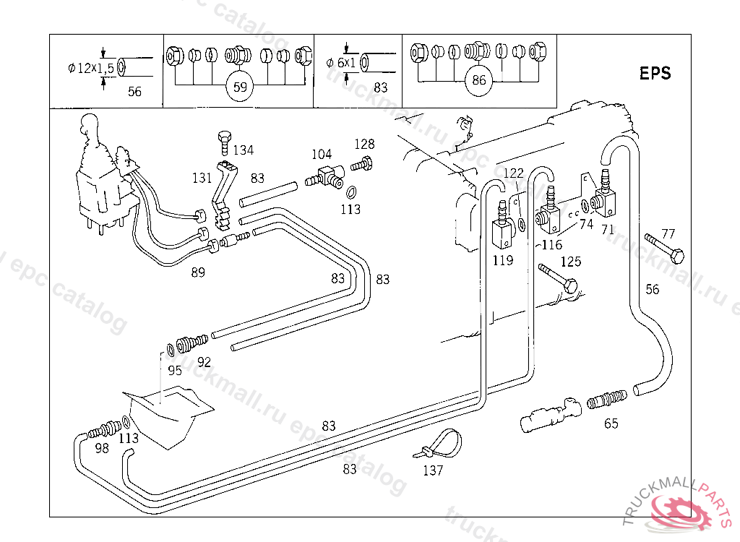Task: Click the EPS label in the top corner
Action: coord(655,73)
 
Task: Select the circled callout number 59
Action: coord(241,87)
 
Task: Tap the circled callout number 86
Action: coord(478,80)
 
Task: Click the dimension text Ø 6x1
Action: coord(341,63)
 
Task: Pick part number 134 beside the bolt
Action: coord(243,150)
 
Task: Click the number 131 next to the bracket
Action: coord(202,178)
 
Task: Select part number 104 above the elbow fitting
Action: coord(322,154)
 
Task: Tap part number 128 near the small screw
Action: coord(364,144)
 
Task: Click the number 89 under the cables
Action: coord(198,272)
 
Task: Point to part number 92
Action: coord(204,361)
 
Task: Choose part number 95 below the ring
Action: coord(175,371)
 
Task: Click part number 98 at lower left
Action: coord(101,449)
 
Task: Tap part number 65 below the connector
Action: coord(611,423)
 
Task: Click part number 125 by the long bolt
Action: coord(571,262)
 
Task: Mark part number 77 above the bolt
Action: coord(668,233)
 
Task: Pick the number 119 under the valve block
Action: coord(502,260)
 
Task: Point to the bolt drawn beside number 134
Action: coord(223,142)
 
